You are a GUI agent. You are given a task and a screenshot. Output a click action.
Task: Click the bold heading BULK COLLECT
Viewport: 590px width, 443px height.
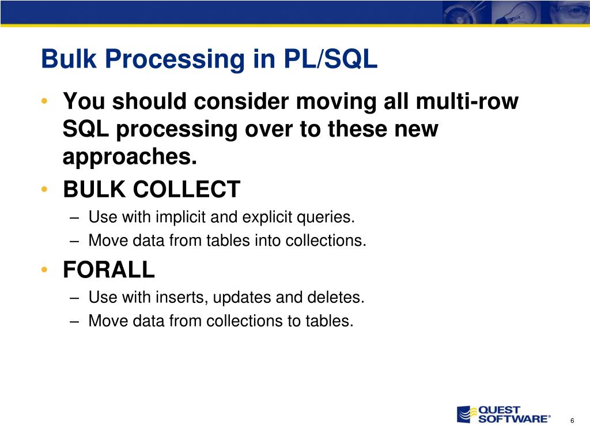(152, 189)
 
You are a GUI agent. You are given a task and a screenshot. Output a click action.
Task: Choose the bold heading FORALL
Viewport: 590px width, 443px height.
(109, 269)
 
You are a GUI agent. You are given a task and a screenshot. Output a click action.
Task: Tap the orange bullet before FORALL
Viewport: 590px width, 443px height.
(44, 270)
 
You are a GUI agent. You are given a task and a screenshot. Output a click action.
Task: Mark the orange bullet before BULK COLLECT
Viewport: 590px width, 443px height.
(44, 189)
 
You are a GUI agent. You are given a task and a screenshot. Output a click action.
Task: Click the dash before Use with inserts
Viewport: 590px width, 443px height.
(77, 298)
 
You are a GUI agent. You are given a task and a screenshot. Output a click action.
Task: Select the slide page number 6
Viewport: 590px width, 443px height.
(572, 421)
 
